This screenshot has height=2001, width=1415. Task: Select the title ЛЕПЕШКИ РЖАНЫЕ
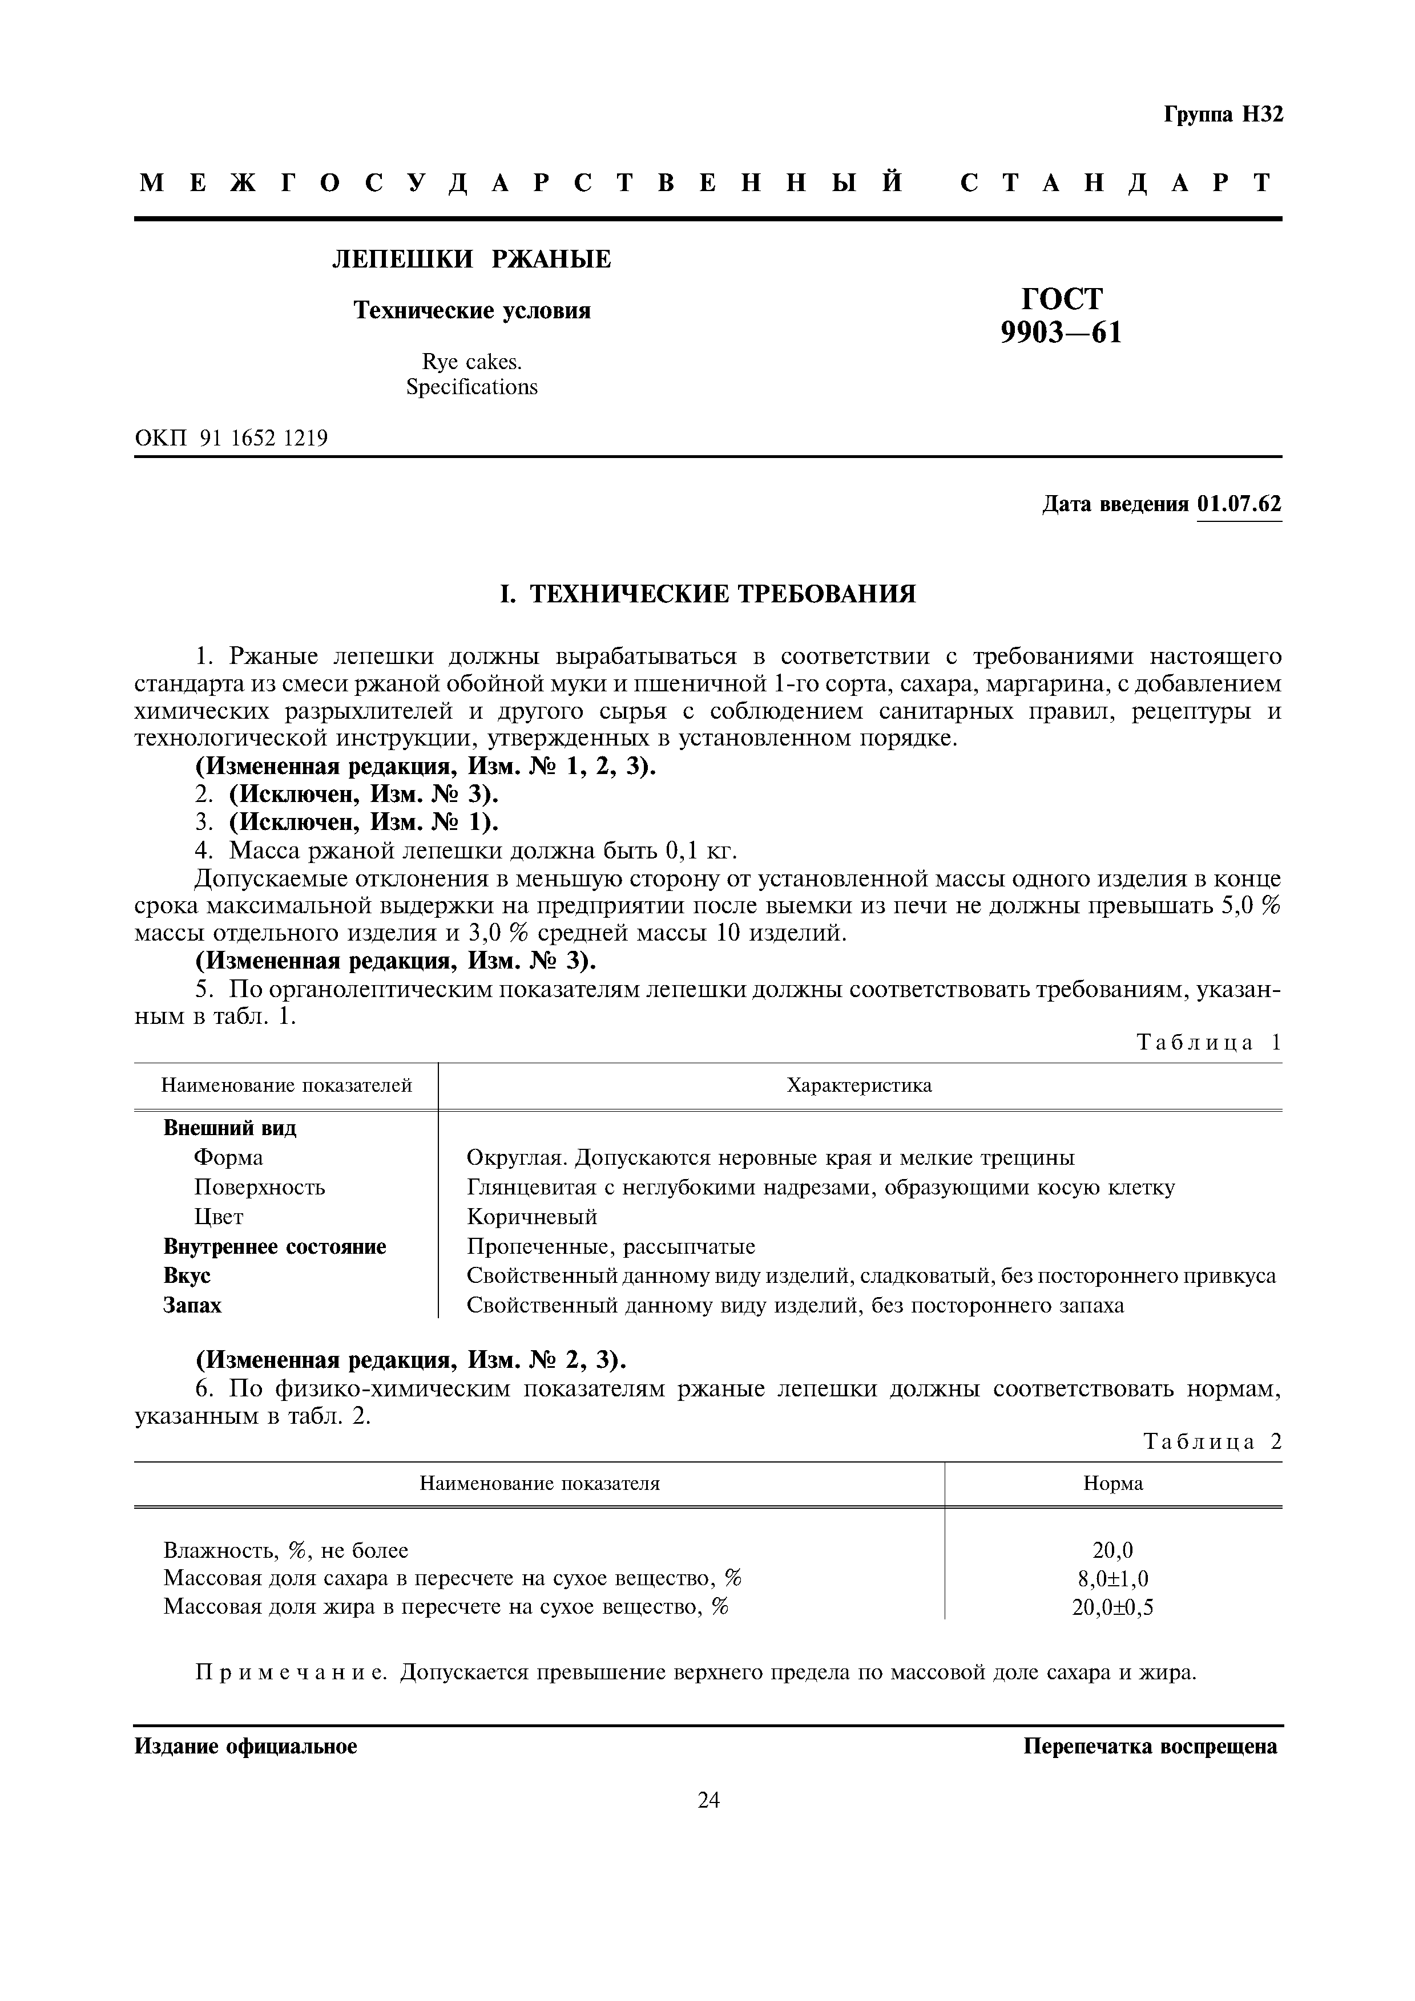click(x=471, y=259)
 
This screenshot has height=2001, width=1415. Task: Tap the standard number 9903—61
click(x=1061, y=333)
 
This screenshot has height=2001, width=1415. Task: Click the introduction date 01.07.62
click(x=1239, y=505)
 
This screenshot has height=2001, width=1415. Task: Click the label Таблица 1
click(x=1208, y=1043)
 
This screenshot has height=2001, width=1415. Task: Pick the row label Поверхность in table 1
click(x=259, y=1187)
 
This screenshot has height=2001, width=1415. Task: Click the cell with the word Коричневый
click(x=532, y=1217)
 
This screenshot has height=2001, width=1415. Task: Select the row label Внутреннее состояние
click(x=275, y=1246)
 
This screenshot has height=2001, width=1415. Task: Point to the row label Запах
click(x=193, y=1306)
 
